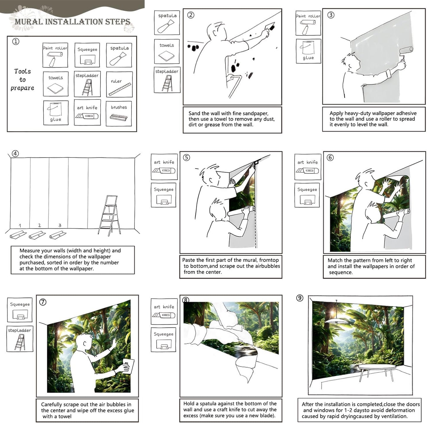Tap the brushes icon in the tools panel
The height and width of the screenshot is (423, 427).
coord(118,117)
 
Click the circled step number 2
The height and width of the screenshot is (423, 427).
coord(191,15)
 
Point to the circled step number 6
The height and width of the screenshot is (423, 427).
coord(330,158)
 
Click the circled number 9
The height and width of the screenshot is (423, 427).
coord(300,298)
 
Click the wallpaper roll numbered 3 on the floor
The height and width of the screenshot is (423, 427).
coord(58,235)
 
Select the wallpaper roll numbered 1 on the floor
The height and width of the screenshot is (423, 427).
coord(18,235)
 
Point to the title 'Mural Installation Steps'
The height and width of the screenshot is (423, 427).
coord(72,22)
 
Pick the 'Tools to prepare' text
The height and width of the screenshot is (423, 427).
coord(22,80)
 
